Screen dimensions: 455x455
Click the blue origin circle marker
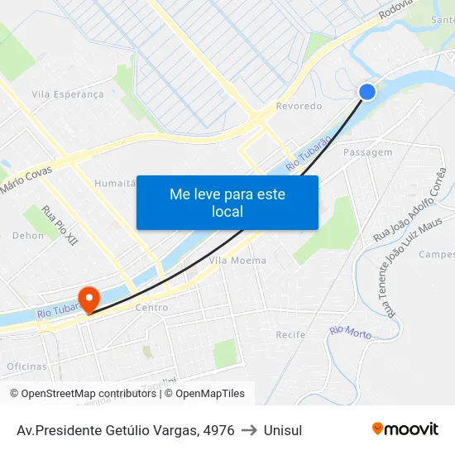(x=368, y=92)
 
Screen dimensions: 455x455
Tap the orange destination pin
(x=88, y=299)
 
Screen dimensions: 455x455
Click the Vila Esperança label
(x=68, y=94)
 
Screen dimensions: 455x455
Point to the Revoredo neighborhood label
(x=299, y=107)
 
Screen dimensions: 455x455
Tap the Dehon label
(x=28, y=236)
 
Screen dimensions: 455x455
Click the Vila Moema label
(x=238, y=261)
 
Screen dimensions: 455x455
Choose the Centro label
(x=151, y=308)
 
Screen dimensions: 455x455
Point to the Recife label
(x=290, y=335)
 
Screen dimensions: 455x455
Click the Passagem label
(x=367, y=153)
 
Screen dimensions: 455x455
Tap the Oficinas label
(x=27, y=366)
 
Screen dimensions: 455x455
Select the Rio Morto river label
(x=350, y=332)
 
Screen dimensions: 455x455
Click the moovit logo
(x=405, y=429)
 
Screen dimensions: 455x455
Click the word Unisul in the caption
(x=283, y=430)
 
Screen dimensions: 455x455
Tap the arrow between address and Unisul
(x=249, y=430)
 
